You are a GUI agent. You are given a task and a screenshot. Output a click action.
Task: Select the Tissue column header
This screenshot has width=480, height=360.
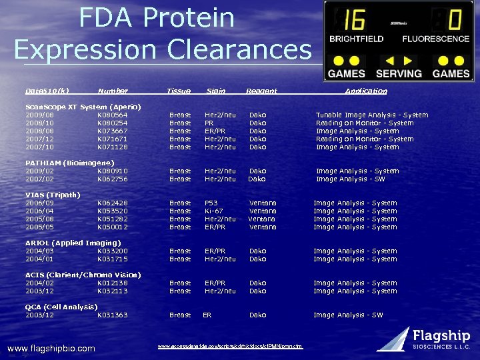pos(179,91)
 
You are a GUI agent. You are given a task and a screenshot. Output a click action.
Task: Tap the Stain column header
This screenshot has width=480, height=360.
pos(216,91)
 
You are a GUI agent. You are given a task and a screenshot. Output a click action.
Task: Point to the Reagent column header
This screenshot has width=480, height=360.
pos(261,91)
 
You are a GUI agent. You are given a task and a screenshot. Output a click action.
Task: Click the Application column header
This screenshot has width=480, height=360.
pos(366,91)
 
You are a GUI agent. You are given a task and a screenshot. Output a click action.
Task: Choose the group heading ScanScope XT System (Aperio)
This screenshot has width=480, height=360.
pos(83,107)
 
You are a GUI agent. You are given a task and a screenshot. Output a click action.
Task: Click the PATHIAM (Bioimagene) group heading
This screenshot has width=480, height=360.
pos(69,163)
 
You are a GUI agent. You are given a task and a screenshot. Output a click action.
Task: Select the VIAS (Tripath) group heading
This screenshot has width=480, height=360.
pos(53,195)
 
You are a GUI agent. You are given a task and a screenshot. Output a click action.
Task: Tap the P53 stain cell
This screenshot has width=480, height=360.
pos(212,203)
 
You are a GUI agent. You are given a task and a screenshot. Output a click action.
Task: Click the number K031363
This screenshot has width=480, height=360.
pos(112,315)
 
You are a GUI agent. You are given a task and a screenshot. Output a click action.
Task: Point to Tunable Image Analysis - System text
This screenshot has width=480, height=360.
pos(372,115)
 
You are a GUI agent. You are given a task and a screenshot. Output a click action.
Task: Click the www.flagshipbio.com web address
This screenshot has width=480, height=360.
pos(51,348)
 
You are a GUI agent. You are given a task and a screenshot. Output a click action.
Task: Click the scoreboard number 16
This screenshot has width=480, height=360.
pos(354,20)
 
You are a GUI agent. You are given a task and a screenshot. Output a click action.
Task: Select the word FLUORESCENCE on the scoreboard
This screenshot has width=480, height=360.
pos(436,39)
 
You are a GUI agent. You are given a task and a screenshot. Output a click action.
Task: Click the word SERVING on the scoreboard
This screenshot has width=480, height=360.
pos(399,73)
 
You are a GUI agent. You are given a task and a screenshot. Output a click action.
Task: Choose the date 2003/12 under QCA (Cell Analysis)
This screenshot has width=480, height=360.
pos(39,315)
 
